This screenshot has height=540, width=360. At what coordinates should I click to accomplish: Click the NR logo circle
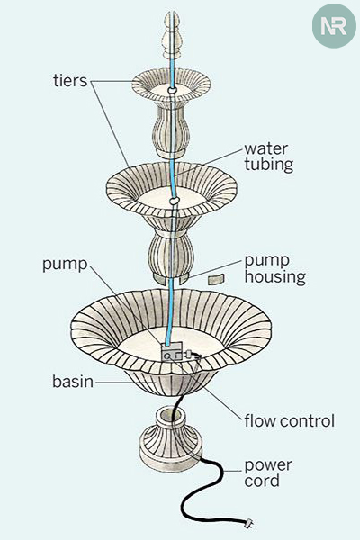[x=334, y=26]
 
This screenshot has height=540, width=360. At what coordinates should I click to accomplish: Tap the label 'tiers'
[x=70, y=81]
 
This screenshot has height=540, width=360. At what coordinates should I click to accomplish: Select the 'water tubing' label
[x=269, y=157]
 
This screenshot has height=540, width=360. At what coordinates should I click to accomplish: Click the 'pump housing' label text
[x=274, y=270]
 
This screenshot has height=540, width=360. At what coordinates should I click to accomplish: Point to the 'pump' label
[x=65, y=265]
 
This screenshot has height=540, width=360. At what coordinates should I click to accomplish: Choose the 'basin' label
[x=73, y=382]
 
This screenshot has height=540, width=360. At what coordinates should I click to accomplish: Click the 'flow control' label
[x=290, y=421]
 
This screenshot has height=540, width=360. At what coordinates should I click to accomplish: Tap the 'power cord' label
[x=268, y=472]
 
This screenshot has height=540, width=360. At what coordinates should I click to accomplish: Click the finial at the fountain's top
[x=172, y=35]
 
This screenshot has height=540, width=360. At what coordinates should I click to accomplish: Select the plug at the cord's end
[x=249, y=524]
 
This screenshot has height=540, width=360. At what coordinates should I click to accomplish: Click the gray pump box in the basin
[x=172, y=352]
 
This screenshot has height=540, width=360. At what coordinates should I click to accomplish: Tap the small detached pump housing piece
[x=216, y=279]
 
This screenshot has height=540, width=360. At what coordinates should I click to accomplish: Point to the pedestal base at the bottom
[x=171, y=438]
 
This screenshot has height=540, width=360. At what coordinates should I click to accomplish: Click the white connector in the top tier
[x=172, y=90]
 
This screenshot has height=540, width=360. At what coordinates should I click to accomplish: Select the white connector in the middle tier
[x=175, y=200]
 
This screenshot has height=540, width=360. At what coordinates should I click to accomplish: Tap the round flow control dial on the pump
[x=167, y=356]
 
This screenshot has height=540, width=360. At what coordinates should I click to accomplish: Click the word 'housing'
[x=274, y=277]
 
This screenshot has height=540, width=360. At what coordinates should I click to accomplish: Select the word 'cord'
[x=262, y=481]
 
